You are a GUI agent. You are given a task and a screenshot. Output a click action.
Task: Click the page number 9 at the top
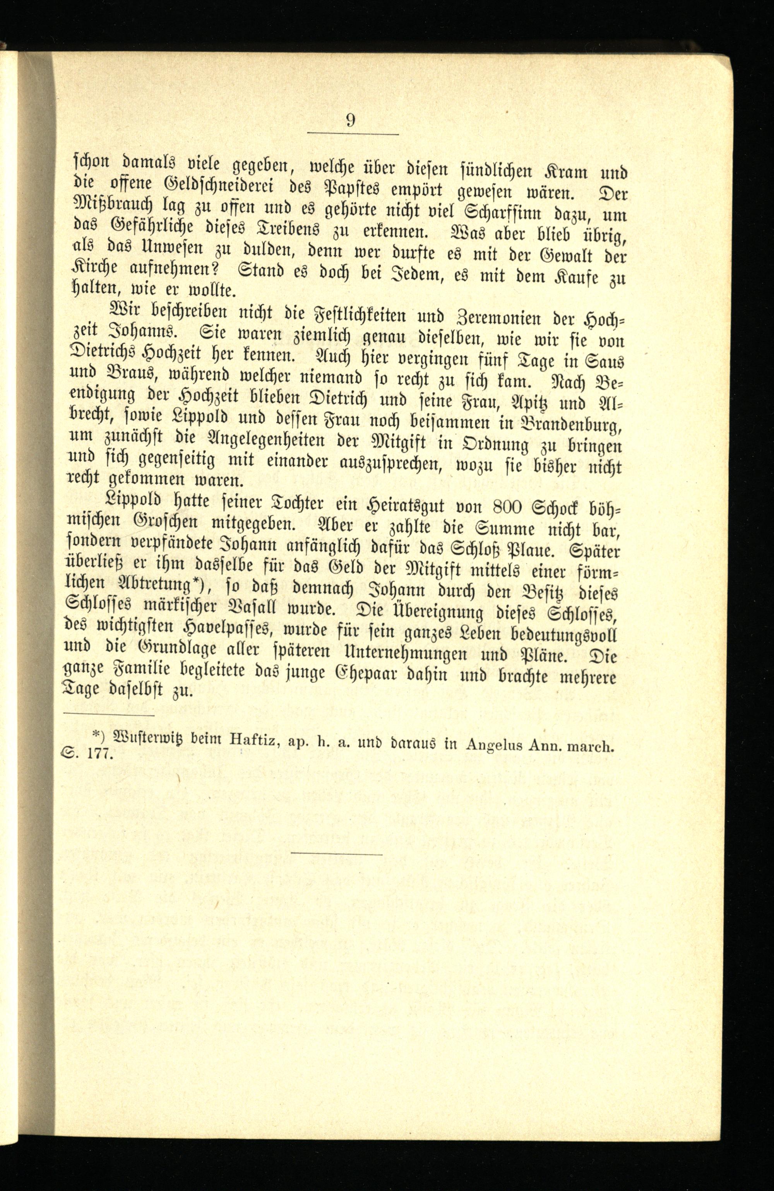351,121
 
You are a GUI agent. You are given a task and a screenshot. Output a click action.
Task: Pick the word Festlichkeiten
349,316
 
